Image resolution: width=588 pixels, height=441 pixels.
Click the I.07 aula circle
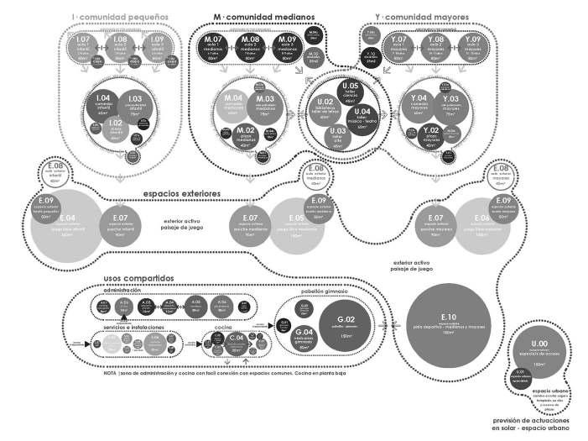pyautogui.click(x=83, y=45)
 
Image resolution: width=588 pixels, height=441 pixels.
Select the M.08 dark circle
pyautogui.click(x=250, y=45)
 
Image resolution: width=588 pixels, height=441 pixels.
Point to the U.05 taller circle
pyautogui.click(x=351, y=92)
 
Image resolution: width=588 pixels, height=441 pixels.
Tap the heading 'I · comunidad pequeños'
pyautogui.click(x=120, y=16)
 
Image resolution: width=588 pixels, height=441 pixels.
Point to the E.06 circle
pyautogui.click(x=481, y=223)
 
